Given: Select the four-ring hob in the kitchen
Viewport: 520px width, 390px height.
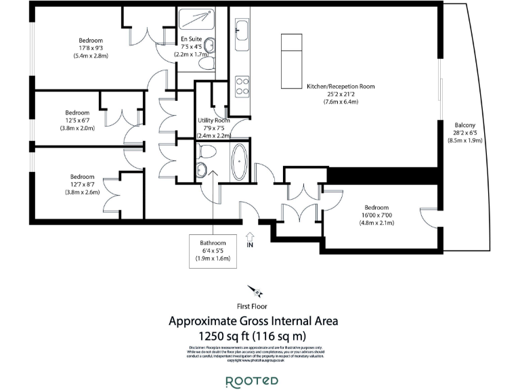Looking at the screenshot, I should click(x=242, y=85).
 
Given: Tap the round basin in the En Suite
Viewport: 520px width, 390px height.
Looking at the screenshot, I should click(x=210, y=46).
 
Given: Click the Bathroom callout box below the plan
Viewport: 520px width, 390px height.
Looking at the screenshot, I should click(x=213, y=250).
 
